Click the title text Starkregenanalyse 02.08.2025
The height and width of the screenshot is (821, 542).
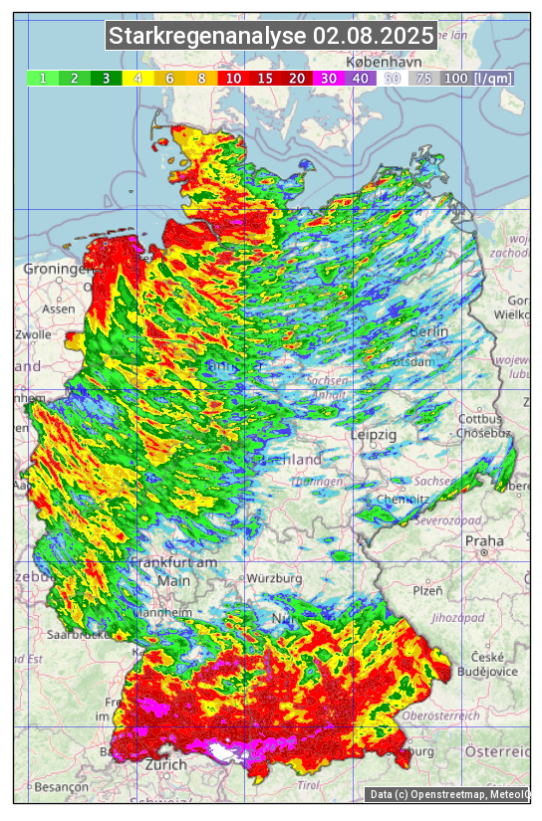tap(271, 37)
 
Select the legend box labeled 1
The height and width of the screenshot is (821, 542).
tap(43, 78)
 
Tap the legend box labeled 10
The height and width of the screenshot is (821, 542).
tap(233, 78)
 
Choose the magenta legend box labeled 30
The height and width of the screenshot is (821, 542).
tap(329, 78)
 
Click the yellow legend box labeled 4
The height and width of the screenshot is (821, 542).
tap(138, 78)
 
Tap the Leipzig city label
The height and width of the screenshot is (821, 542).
tap(374, 435)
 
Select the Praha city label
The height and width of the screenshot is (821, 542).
tap(484, 541)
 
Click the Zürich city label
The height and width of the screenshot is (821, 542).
tap(165, 764)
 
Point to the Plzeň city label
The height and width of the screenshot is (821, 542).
tap(426, 590)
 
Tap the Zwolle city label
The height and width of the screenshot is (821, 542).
tap(33, 334)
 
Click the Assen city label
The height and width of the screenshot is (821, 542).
tap(59, 308)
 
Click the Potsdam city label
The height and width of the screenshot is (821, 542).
tap(412, 361)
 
